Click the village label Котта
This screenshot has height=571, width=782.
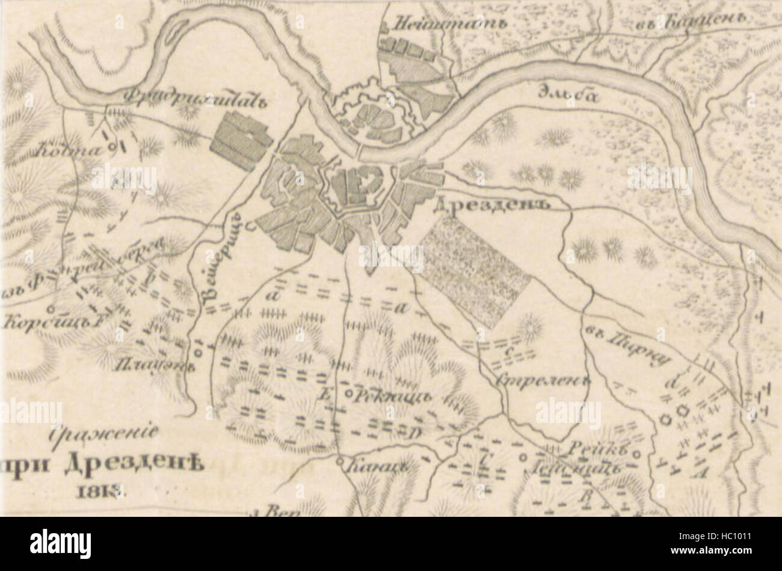coord(67,150)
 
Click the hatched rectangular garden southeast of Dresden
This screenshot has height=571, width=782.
coord(475,277)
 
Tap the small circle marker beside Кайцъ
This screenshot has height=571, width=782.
coord(340,462)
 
